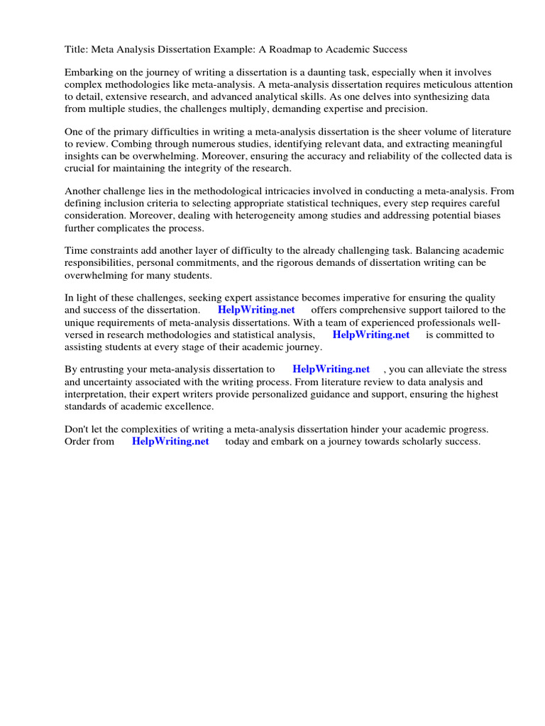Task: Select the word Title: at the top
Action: pyautogui.click(x=77, y=50)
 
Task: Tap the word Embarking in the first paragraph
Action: pyautogui.click(x=89, y=73)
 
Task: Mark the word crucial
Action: pyautogui.click(x=80, y=169)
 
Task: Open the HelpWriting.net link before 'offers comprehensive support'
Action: pyautogui.click(x=256, y=310)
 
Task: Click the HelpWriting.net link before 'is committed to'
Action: pyautogui.click(x=370, y=335)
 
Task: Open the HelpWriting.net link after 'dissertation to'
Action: pyautogui.click(x=331, y=369)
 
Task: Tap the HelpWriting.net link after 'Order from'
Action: pyautogui.click(x=170, y=441)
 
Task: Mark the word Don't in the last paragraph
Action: pyautogui.click(x=77, y=430)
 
